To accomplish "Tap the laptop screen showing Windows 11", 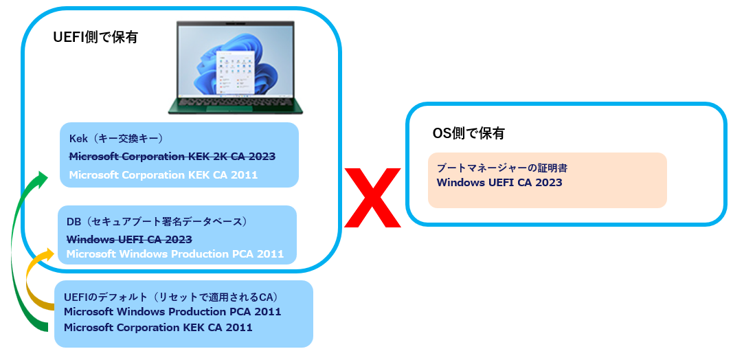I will [235, 61].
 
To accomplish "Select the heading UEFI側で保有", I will [95, 38].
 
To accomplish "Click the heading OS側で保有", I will [468, 133].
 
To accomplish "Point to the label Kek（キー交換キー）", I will [115, 138].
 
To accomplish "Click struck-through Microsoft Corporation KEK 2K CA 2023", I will [172, 156].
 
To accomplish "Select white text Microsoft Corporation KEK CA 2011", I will [163, 175].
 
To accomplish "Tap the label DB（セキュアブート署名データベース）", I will [156, 222].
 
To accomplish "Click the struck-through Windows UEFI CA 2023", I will [129, 238].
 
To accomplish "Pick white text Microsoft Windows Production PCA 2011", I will [174, 254].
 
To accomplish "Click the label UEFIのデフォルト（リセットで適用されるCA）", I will [170, 297].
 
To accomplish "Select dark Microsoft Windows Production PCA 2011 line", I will [172, 312].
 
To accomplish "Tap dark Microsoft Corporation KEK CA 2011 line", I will [158, 328].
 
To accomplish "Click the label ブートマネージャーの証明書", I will [502, 168].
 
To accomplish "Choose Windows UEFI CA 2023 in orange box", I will [499, 183].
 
